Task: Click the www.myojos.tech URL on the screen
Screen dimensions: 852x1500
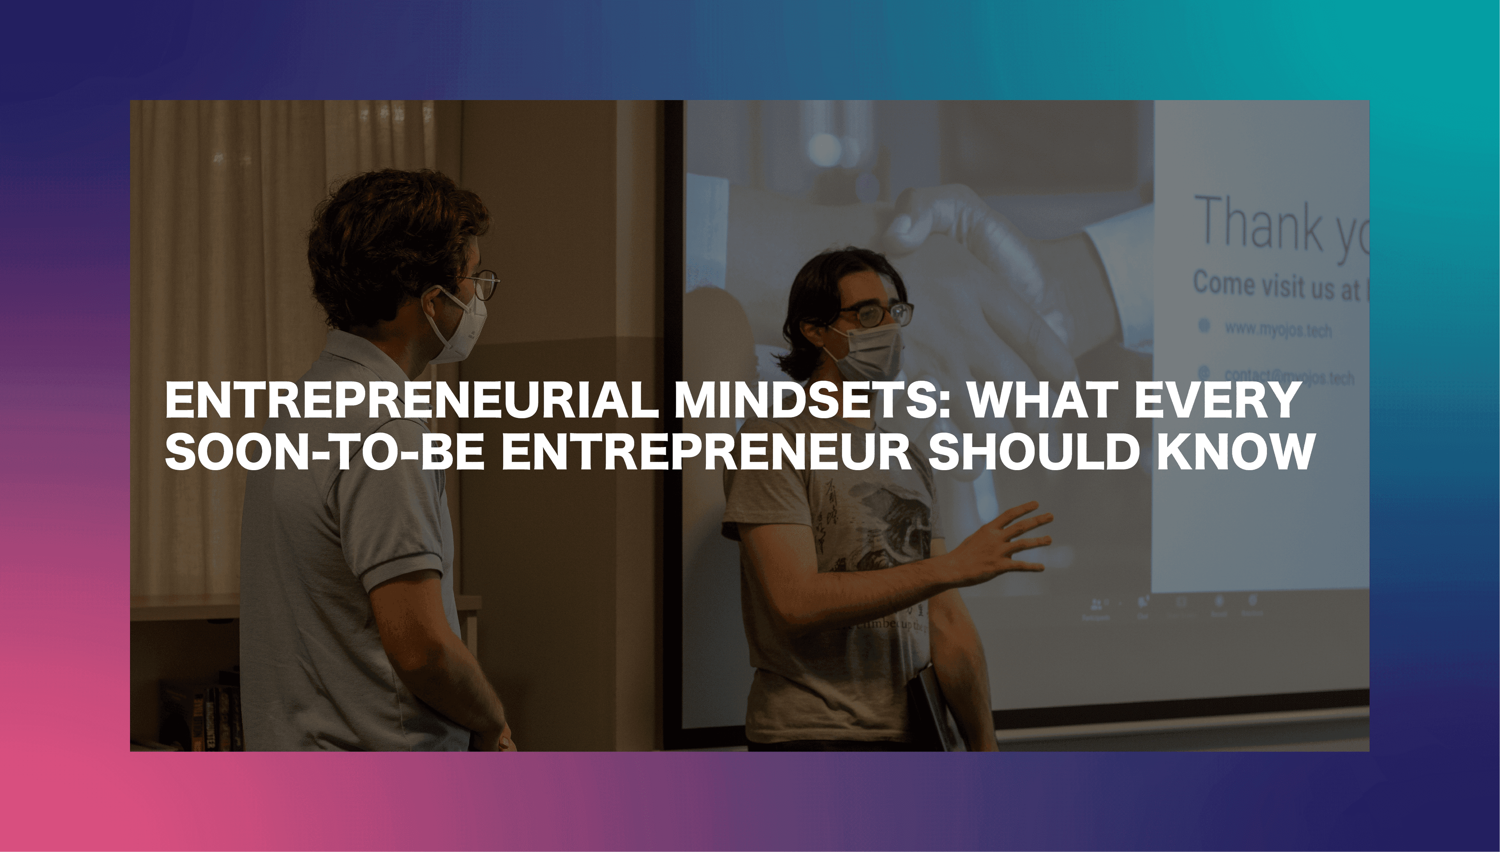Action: tap(1278, 329)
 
